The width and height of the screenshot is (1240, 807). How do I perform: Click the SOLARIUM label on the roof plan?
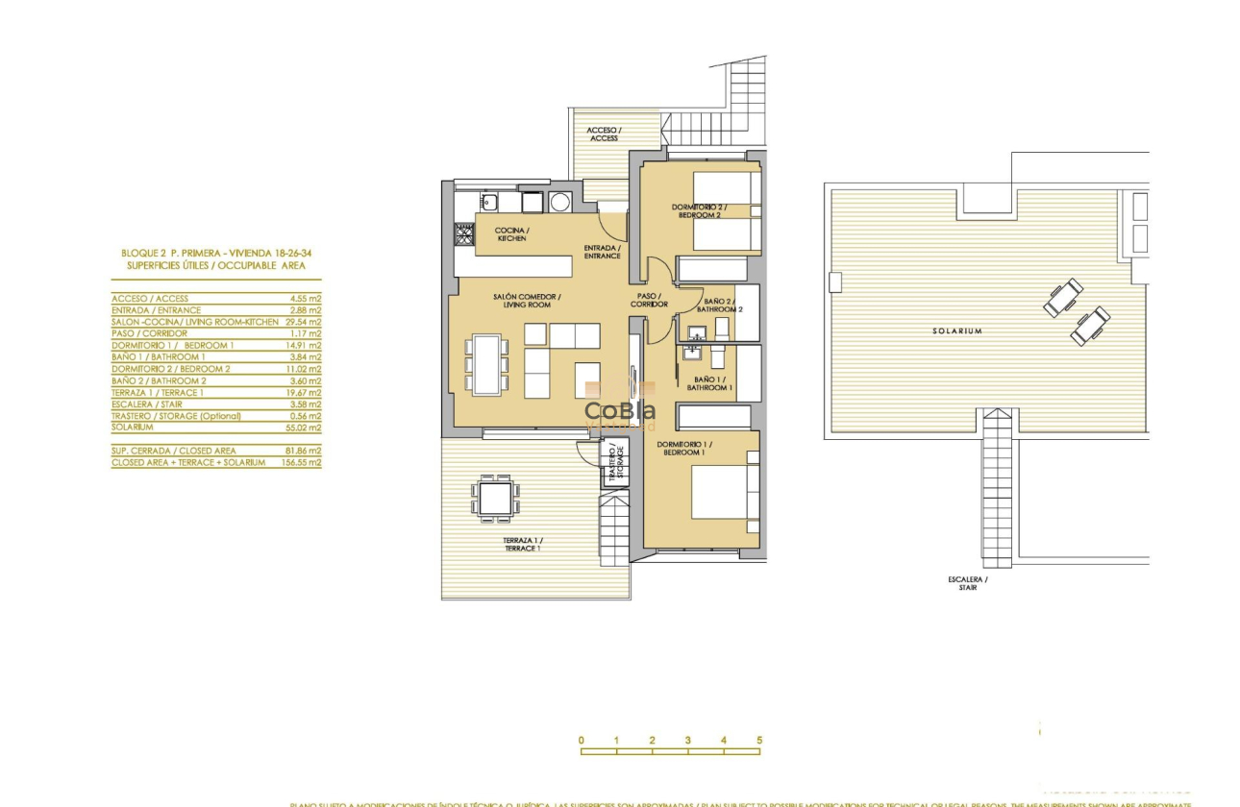(956, 330)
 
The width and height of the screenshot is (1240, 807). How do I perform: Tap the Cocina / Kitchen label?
(511, 234)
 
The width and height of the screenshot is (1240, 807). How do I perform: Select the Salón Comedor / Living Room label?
(527, 301)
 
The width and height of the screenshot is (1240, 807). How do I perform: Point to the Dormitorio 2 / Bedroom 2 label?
(699, 211)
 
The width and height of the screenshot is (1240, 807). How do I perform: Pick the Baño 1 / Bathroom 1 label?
(712, 383)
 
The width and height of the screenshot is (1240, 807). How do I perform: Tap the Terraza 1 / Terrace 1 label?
(521, 545)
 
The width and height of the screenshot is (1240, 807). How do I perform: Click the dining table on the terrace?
(495, 498)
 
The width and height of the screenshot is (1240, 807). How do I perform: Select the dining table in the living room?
(486, 364)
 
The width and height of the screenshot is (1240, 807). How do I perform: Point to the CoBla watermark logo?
(620, 411)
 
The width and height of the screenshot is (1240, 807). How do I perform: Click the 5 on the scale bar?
(759, 741)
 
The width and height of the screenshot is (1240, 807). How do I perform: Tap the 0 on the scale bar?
(582, 741)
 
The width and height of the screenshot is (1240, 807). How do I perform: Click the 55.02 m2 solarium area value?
(305, 428)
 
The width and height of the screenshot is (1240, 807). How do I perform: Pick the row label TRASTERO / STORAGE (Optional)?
(176, 416)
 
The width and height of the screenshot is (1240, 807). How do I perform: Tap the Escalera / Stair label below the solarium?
(967, 583)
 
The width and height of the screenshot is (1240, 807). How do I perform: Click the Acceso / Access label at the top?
(604, 134)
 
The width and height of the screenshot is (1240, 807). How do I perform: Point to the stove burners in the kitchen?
(464, 233)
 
